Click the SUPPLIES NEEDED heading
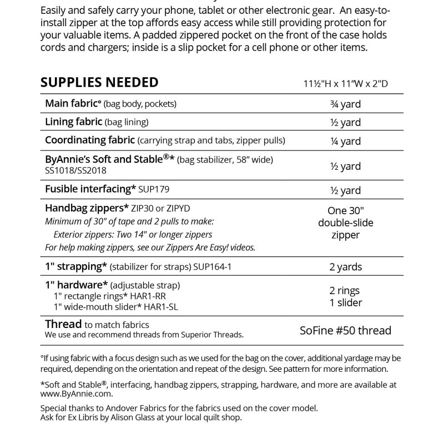coord(99,83)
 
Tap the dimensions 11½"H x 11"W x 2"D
coord(345,84)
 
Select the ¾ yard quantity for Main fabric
coord(345,104)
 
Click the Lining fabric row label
coord(74,122)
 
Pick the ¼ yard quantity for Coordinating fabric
coord(345,141)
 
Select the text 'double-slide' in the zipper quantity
coord(345,223)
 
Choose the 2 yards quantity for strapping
coord(345,267)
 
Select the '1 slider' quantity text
coord(345,302)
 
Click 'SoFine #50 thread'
coord(345,331)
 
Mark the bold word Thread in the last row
coord(63,325)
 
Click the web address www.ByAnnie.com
coord(77,393)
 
